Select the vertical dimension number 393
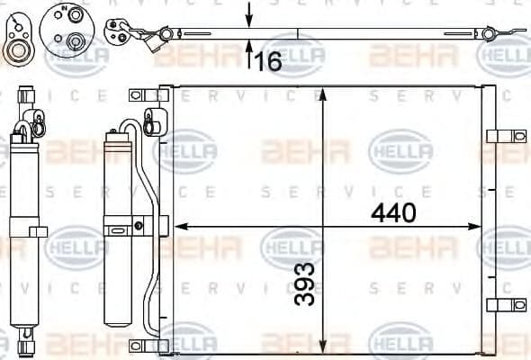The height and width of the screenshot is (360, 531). [307, 283]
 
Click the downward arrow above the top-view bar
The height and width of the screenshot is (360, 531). [249, 15]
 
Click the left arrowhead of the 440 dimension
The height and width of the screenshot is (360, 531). [179, 225]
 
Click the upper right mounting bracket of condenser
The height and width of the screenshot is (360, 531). [498, 136]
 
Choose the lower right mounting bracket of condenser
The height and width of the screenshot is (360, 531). [498, 305]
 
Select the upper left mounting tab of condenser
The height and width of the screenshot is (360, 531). [138, 94]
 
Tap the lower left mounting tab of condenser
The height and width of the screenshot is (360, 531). [138, 346]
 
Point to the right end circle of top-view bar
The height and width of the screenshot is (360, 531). [489, 34]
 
